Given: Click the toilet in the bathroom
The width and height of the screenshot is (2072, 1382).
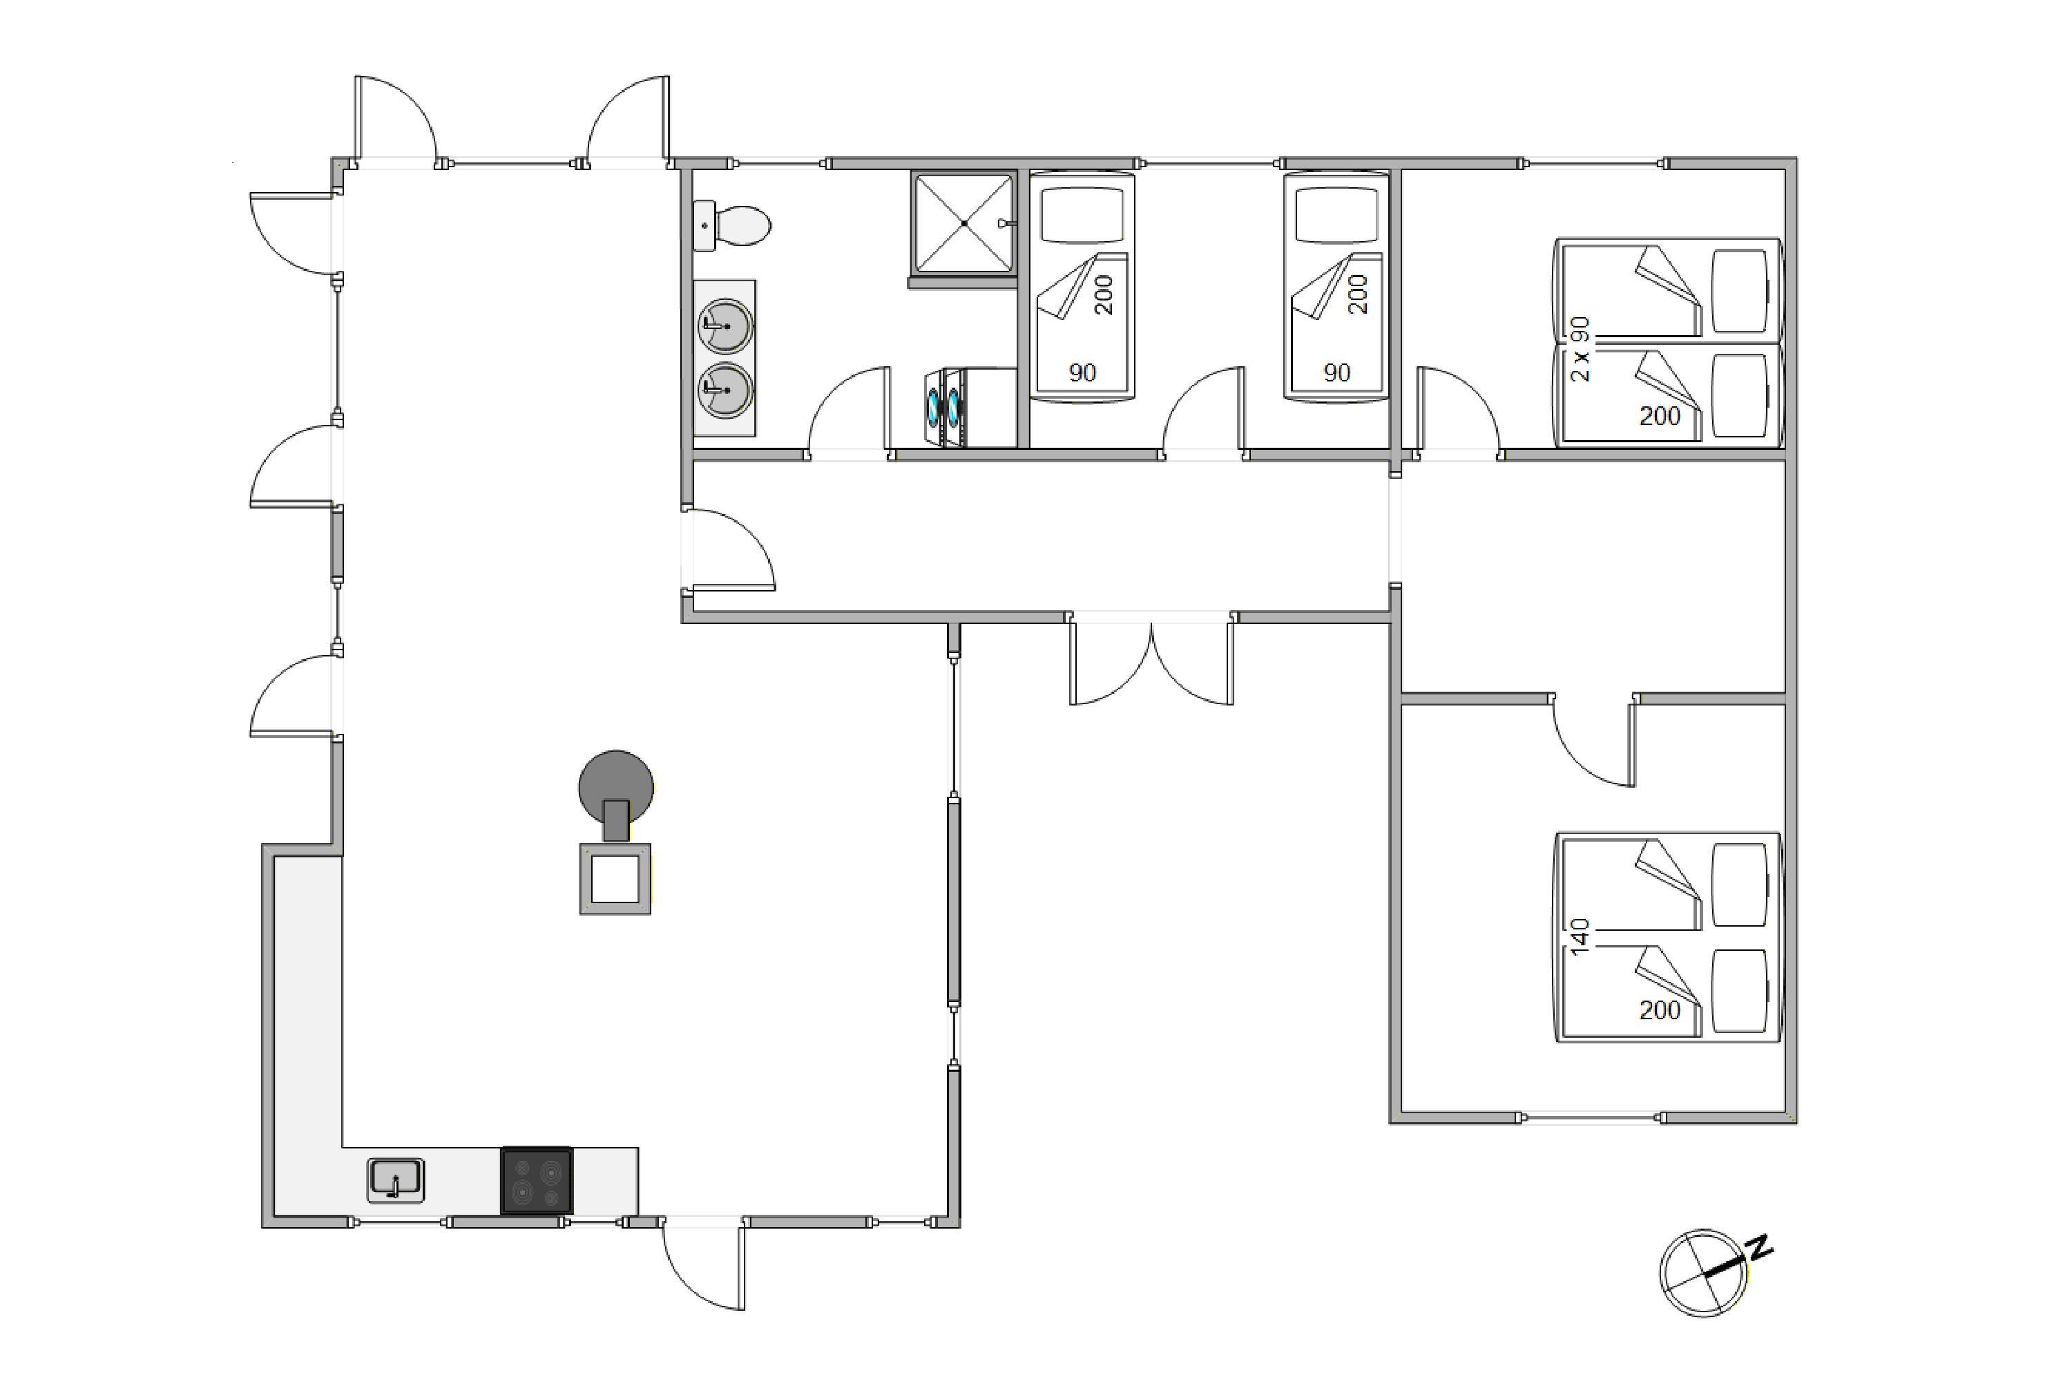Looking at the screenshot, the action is [742, 226].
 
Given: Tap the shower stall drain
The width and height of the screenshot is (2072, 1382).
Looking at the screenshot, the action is [965, 223].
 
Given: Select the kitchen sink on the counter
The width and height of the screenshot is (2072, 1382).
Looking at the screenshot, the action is [396, 1180].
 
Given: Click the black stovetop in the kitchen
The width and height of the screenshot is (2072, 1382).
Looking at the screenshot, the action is [537, 1181].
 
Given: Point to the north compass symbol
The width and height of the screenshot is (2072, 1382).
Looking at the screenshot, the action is [1704, 1273].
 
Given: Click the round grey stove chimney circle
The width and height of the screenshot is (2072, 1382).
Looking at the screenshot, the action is [616, 787].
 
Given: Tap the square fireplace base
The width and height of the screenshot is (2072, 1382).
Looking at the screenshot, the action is [615, 879].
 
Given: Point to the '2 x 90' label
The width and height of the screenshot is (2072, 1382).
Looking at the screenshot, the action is [1580, 349].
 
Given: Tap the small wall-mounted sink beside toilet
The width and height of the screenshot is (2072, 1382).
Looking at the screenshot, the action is [704, 226].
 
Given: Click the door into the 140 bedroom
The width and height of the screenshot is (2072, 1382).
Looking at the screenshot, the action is [1593, 740].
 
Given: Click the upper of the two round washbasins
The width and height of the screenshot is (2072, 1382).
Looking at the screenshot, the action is [725, 326].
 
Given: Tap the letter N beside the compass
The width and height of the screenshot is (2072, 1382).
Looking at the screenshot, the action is [1760, 1247].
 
